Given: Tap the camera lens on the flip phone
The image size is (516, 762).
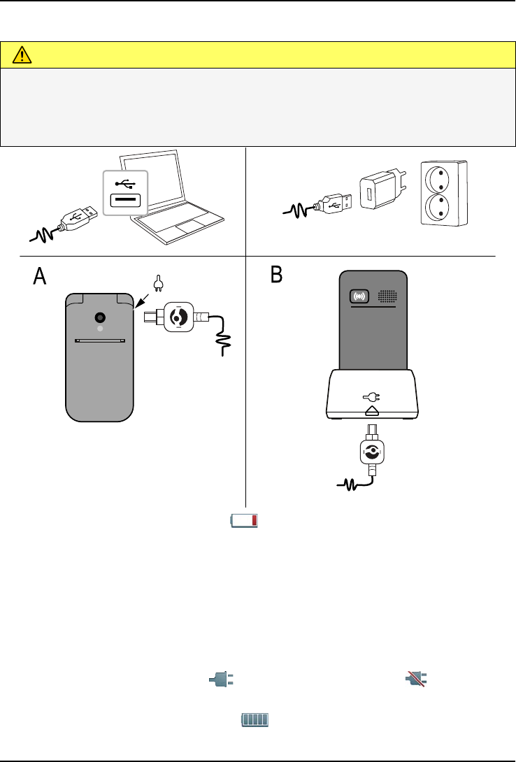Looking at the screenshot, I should coord(101,315).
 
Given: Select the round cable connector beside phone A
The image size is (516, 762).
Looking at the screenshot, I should coord(178,317).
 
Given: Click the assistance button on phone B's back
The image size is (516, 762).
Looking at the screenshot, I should coord(359,296).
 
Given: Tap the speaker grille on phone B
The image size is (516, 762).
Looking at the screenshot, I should coord(387,296).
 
